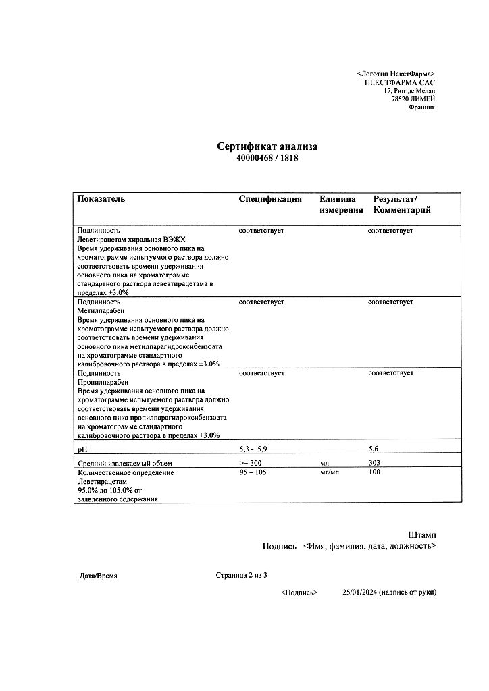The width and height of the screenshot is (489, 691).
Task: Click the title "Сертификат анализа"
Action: tap(267, 146)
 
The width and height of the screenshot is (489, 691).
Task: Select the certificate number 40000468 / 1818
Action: tap(267, 158)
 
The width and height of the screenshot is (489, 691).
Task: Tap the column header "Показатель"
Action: tap(101, 199)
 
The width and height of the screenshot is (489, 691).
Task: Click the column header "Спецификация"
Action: tap(270, 199)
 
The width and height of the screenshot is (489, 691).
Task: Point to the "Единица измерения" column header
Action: tap(341, 204)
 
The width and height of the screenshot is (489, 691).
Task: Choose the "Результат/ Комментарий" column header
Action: tap(401, 204)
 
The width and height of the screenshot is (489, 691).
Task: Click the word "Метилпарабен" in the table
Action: tap(97, 311)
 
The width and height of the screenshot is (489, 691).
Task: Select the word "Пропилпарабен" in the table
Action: tap(100, 382)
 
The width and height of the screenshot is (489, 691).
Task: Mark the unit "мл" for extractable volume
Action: tap(324, 463)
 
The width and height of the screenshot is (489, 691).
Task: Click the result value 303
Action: tap(375, 463)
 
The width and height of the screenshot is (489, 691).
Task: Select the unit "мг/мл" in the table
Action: tap(330, 473)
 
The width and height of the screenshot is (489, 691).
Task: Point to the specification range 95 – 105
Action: tap(254, 473)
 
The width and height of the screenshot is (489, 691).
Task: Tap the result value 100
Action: tap(375, 473)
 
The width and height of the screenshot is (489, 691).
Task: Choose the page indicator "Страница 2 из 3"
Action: tap(242, 576)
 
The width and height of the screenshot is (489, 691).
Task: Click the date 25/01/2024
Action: tap(359, 592)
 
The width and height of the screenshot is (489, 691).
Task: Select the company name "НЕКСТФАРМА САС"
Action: tap(399, 82)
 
